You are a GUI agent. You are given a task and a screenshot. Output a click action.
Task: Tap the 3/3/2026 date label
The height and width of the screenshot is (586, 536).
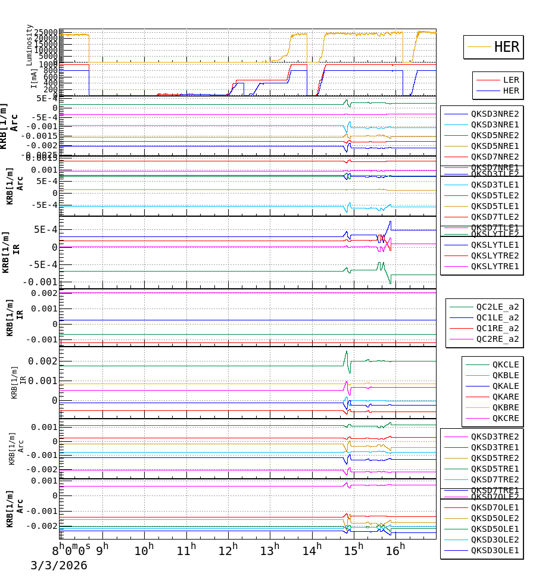click(59, 566)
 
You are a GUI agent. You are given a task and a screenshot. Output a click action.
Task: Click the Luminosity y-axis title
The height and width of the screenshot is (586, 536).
click(29, 45)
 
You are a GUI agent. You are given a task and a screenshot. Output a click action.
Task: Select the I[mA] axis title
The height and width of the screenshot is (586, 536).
click(34, 78)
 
